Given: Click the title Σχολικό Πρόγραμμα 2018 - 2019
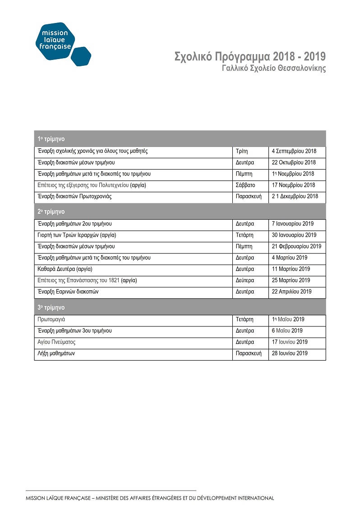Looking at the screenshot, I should [250, 57].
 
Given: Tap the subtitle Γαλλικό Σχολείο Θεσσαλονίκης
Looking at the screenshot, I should [274, 69].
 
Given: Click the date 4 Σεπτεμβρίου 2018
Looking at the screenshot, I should [294, 151].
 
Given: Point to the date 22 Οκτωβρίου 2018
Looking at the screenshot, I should [294, 163].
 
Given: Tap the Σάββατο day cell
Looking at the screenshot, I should [245, 185].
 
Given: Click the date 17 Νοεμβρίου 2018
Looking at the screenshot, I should [294, 185].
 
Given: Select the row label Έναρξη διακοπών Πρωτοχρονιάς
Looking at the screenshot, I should [74, 197].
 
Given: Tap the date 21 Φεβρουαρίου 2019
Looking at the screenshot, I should [296, 247].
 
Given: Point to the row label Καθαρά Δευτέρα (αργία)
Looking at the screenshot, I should [65, 269].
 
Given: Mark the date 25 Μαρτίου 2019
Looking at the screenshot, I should [291, 280].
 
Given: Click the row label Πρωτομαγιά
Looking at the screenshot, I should [51, 320].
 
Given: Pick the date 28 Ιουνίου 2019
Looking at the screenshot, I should [290, 353].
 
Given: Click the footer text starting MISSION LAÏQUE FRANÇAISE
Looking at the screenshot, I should [150, 498].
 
